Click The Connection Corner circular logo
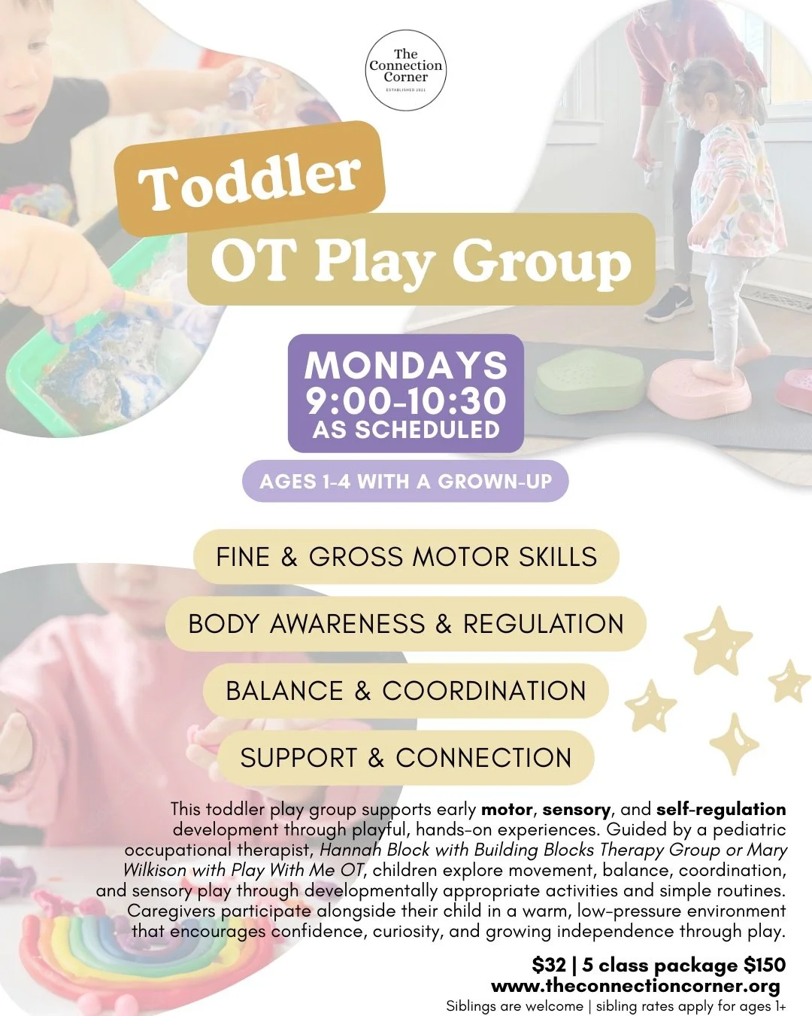406,71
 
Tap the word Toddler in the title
250,179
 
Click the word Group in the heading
541,261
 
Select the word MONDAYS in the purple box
406,366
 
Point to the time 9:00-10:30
406,400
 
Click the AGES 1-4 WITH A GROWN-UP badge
406,482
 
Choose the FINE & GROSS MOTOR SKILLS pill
406,557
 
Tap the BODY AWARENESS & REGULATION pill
406,624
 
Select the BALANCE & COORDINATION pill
406,691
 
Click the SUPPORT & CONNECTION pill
406,758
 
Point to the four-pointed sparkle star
735,744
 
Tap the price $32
548,966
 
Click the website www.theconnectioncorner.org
635,986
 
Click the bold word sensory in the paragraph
577,810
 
